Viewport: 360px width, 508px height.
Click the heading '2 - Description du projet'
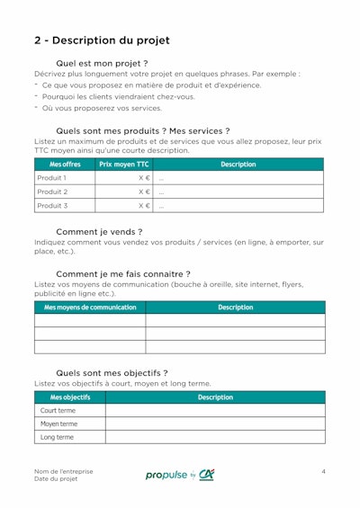[x=102, y=40]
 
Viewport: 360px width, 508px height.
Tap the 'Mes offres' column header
[x=65, y=165]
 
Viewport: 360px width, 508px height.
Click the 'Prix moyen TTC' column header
[x=123, y=165]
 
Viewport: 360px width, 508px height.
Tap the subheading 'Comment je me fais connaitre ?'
[x=123, y=273]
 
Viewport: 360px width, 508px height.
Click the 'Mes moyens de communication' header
[x=90, y=307]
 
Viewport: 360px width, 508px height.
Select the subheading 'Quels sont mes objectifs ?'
[x=112, y=372]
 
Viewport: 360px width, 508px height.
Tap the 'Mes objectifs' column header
[x=70, y=397]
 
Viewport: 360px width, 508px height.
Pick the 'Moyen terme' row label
[x=58, y=423]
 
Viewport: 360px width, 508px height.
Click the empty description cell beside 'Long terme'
[x=215, y=437]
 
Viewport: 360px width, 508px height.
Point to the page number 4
[x=323, y=471]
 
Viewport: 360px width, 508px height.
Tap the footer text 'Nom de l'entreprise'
[x=63, y=471]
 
